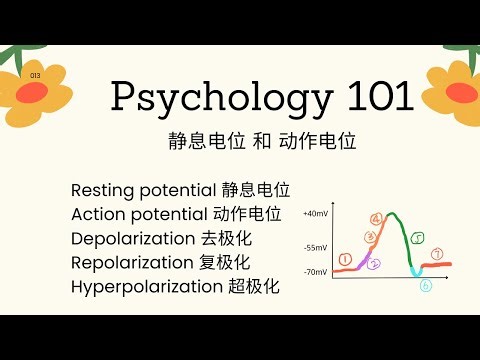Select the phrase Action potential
pos(140,214)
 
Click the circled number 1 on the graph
pos(345,259)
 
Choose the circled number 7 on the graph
pos(437,254)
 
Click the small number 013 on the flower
pos(36,75)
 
